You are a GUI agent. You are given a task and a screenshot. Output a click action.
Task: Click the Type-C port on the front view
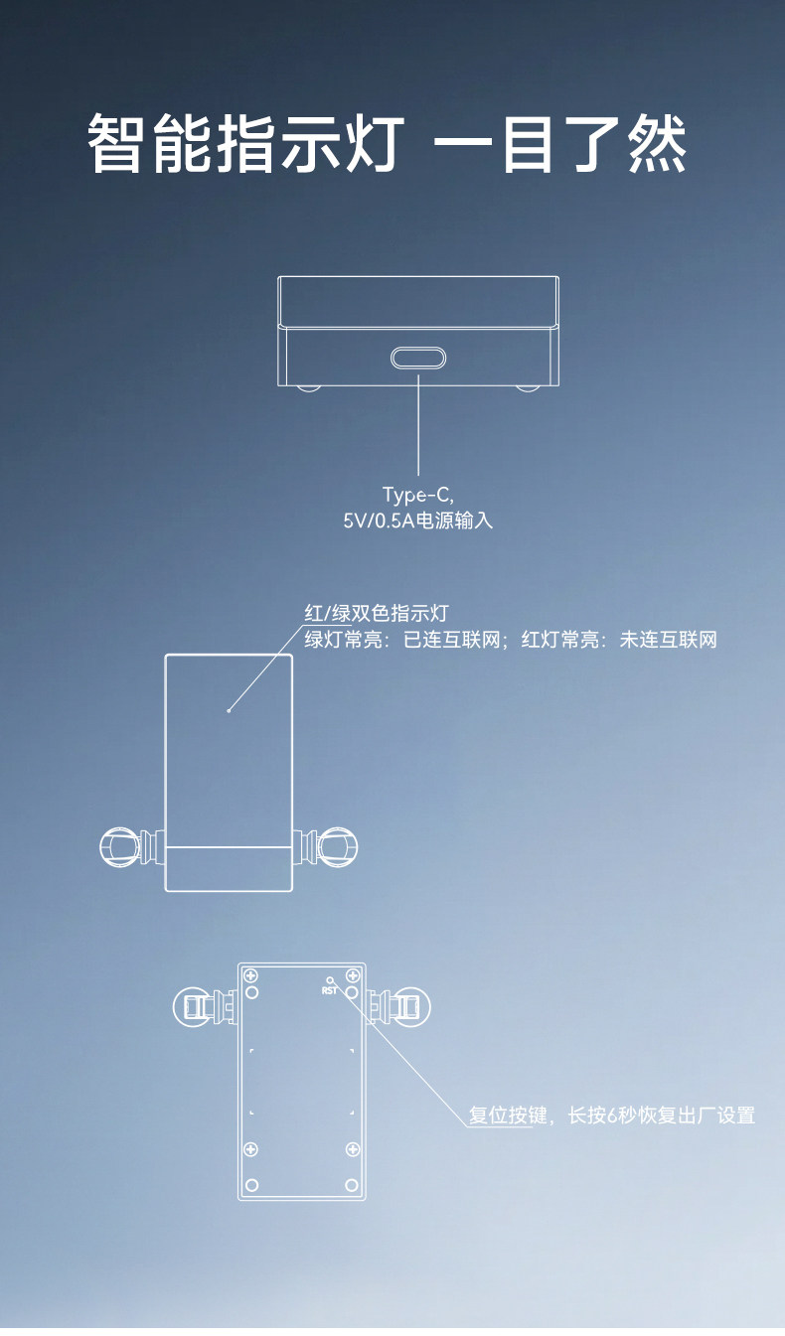(x=418, y=358)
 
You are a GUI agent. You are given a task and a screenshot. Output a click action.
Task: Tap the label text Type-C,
(x=417, y=495)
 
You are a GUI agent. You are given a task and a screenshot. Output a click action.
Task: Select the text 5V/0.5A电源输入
(x=417, y=520)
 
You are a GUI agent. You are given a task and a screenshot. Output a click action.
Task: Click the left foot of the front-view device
(x=310, y=387)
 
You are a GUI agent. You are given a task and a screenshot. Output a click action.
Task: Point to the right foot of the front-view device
(x=528, y=387)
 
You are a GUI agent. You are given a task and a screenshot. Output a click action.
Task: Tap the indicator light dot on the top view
(x=229, y=710)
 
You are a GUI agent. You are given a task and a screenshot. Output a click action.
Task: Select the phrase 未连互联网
(x=668, y=640)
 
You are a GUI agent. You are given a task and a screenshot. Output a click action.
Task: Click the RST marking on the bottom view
(x=330, y=989)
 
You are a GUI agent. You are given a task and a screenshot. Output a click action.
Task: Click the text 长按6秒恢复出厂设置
(x=662, y=1115)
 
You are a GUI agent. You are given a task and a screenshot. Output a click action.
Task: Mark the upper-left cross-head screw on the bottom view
(x=251, y=975)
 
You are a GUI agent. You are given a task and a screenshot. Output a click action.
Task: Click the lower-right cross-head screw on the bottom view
(x=352, y=1149)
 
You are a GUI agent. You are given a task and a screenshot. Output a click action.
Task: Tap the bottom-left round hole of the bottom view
(x=251, y=1185)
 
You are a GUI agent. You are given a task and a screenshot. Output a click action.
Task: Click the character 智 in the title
(x=117, y=144)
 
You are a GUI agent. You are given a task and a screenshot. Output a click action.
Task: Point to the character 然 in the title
(x=658, y=144)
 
